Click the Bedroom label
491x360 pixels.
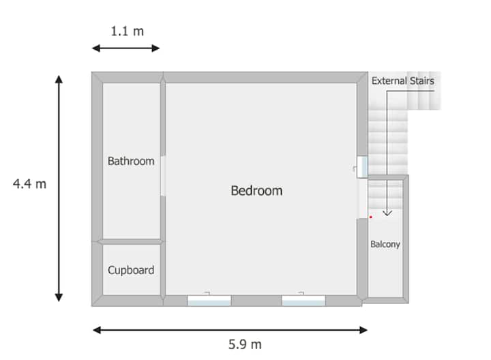[256, 191]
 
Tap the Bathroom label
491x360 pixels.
[131, 161]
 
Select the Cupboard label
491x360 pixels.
[131, 270]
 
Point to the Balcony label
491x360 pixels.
[385, 244]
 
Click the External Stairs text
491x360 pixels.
[403, 80]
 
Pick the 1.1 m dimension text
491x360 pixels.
[127, 31]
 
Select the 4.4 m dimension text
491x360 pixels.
[29, 184]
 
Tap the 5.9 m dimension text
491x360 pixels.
[245, 344]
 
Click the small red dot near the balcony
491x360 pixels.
[371, 217]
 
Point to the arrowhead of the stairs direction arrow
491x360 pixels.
[387, 214]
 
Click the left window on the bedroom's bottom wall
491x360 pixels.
[209, 300]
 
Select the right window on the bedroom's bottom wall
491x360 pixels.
[303, 300]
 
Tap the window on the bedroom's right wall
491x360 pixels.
[362, 167]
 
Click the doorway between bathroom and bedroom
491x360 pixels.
[163, 176]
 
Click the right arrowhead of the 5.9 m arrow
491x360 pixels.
[364, 330]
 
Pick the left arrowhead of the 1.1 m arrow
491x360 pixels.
[95, 48]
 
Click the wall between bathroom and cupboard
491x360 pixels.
[131, 241]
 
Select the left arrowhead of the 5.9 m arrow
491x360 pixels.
[97, 330]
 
